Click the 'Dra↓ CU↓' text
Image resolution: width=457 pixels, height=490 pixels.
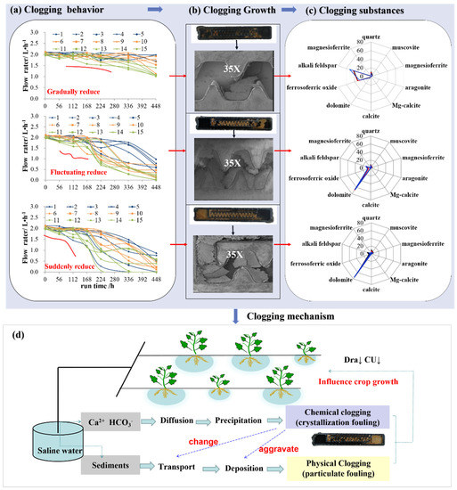point(388,338)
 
